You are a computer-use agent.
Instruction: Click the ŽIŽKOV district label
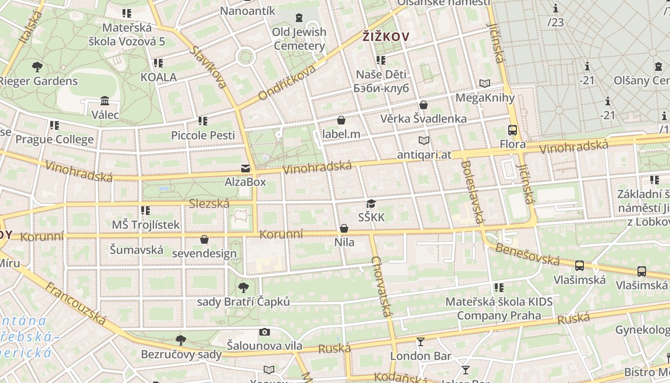click(386, 36)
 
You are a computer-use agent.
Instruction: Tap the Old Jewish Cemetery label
click(300, 39)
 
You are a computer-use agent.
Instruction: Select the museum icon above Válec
click(105, 101)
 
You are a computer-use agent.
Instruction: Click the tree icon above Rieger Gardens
click(37, 67)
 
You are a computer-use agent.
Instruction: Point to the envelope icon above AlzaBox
click(246, 169)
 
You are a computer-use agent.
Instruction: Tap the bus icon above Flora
click(512, 130)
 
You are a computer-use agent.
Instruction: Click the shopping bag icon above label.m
click(341, 120)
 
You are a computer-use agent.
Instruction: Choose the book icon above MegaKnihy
click(485, 84)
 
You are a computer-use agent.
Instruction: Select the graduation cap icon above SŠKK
click(371, 204)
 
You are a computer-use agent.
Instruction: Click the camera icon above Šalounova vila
click(264, 332)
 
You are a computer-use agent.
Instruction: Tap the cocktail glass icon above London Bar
click(420, 342)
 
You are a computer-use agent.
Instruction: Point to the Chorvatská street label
click(382, 287)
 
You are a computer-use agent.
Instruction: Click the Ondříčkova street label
click(287, 83)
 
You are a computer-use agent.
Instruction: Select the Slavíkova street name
click(208, 67)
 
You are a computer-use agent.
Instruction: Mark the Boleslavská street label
click(472, 192)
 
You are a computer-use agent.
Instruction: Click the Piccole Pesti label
click(203, 135)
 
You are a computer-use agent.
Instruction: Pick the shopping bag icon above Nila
click(344, 228)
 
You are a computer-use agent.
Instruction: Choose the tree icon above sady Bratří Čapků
click(244, 287)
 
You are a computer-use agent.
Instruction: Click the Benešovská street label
click(527, 254)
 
